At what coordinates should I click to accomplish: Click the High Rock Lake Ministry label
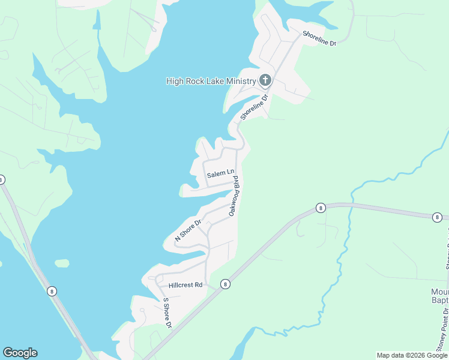tap(211, 81)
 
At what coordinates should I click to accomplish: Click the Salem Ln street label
tap(220, 174)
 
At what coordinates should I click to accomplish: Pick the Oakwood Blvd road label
tap(234, 196)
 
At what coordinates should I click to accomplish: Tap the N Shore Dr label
tap(187, 230)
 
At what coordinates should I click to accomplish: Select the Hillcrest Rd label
tap(185, 285)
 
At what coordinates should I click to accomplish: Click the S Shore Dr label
tap(167, 313)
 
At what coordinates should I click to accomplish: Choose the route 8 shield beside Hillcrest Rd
tap(225, 284)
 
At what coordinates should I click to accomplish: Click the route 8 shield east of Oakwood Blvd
tap(321, 208)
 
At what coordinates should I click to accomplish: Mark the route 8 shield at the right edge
tap(437, 217)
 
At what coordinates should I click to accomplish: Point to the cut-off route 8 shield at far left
tap(2, 179)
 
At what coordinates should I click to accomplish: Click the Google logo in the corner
tap(20, 353)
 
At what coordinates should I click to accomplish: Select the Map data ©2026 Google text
tap(411, 355)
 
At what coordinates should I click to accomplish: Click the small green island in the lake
tap(62, 263)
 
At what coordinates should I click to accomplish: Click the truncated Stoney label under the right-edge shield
tap(447, 246)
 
